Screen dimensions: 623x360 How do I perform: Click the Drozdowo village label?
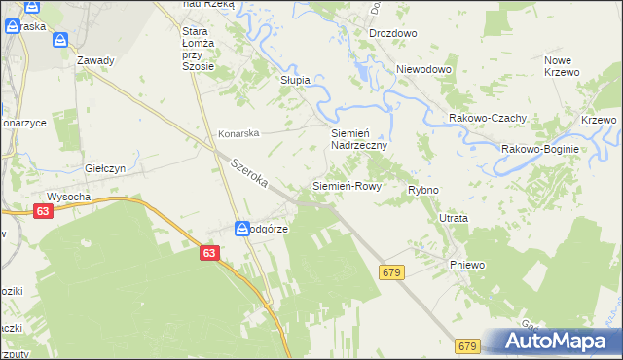click(x=392, y=33)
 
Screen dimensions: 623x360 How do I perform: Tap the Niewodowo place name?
click(x=425, y=70)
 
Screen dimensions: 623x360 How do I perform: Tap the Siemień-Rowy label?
click(x=346, y=185)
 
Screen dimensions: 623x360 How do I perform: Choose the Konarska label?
click(x=238, y=133)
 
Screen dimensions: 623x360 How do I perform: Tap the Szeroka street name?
click(x=249, y=175)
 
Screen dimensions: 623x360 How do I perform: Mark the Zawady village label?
click(x=95, y=60)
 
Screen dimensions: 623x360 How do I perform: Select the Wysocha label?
click(x=68, y=196)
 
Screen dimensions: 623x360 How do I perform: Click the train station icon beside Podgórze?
click(x=242, y=229)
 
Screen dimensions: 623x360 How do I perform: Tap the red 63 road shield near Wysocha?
click(x=42, y=210)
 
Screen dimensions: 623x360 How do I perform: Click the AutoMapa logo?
click(x=555, y=341)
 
